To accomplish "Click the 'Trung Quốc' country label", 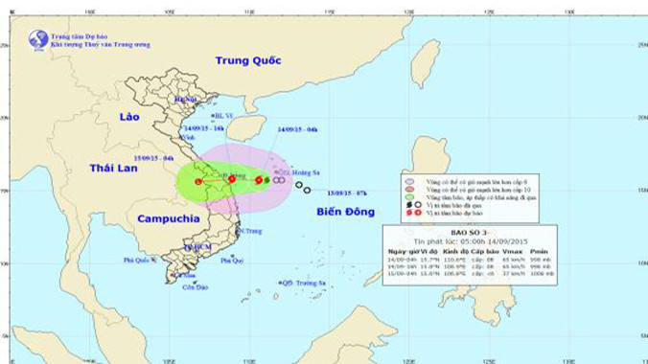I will pyautogui.click(x=247, y=60).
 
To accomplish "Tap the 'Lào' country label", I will pyautogui.click(x=129, y=116).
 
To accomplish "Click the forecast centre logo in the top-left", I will pyautogui.click(x=38, y=39).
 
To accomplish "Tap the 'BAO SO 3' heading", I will pyautogui.click(x=467, y=233).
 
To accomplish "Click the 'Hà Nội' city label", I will pyautogui.click(x=185, y=99).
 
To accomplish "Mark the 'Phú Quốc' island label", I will pyautogui.click(x=138, y=260).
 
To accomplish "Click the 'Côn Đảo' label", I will pyautogui.click(x=196, y=286).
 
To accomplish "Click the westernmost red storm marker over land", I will pyautogui.click(x=198, y=181).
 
